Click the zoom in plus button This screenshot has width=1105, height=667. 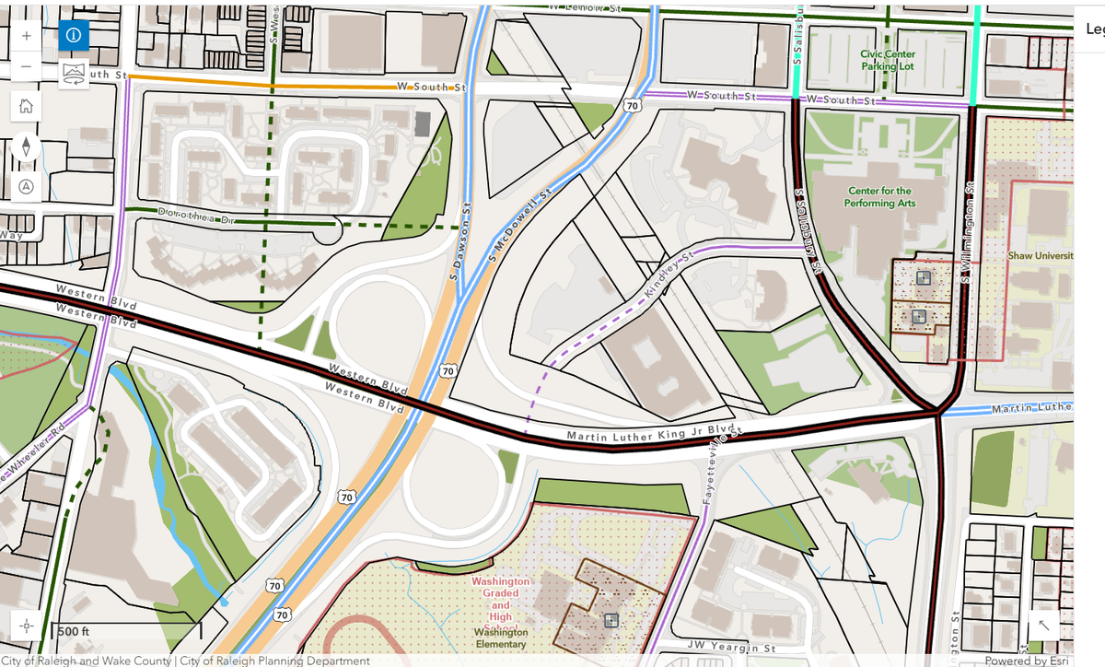tap(26, 36)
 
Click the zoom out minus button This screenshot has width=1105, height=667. tap(26, 67)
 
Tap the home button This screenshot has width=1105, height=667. tap(26, 106)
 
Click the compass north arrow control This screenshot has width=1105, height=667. tap(26, 146)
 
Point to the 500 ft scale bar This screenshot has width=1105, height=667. tap(128, 632)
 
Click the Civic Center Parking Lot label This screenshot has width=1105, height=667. tap(888, 60)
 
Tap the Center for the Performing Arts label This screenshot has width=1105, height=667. tap(880, 196)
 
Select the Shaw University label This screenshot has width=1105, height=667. tap(1040, 255)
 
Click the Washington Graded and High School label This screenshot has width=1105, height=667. tap(501, 603)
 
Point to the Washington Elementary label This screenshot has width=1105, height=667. tap(501, 638)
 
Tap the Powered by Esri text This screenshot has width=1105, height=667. tap(1026, 661)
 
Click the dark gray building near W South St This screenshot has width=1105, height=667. tap(423, 124)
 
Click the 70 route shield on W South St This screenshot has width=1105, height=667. tap(631, 106)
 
